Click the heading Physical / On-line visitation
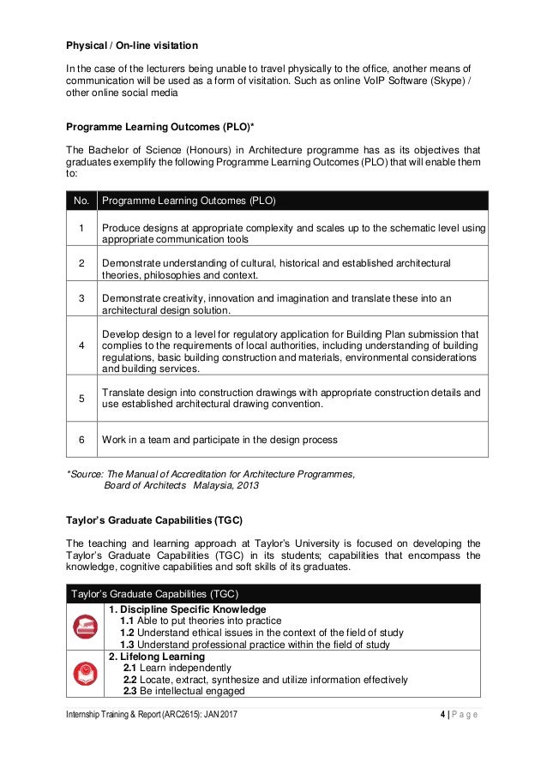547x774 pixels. click(x=133, y=45)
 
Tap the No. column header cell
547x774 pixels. click(x=81, y=201)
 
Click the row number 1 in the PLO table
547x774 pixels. click(x=81, y=228)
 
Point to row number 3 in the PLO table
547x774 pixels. click(x=81, y=298)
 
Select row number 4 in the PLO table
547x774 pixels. click(x=81, y=345)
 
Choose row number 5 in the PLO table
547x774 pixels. click(x=81, y=398)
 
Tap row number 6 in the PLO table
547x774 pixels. click(x=81, y=440)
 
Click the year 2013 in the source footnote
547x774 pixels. click(x=246, y=485)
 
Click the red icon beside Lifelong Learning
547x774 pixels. click(x=85, y=673)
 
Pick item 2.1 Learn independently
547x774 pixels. click(x=177, y=668)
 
